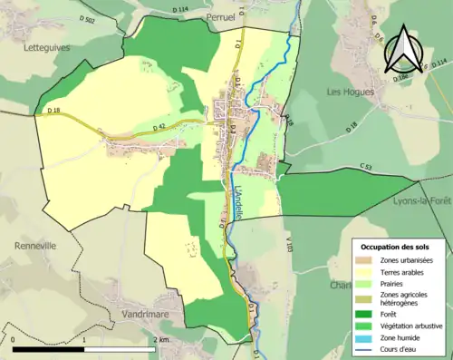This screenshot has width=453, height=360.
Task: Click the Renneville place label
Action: click(x=35, y=246)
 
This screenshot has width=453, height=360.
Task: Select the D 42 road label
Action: click(x=161, y=129)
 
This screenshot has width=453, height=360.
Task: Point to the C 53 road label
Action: click(x=365, y=167)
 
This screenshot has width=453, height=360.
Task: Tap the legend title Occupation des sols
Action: click(x=395, y=247)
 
